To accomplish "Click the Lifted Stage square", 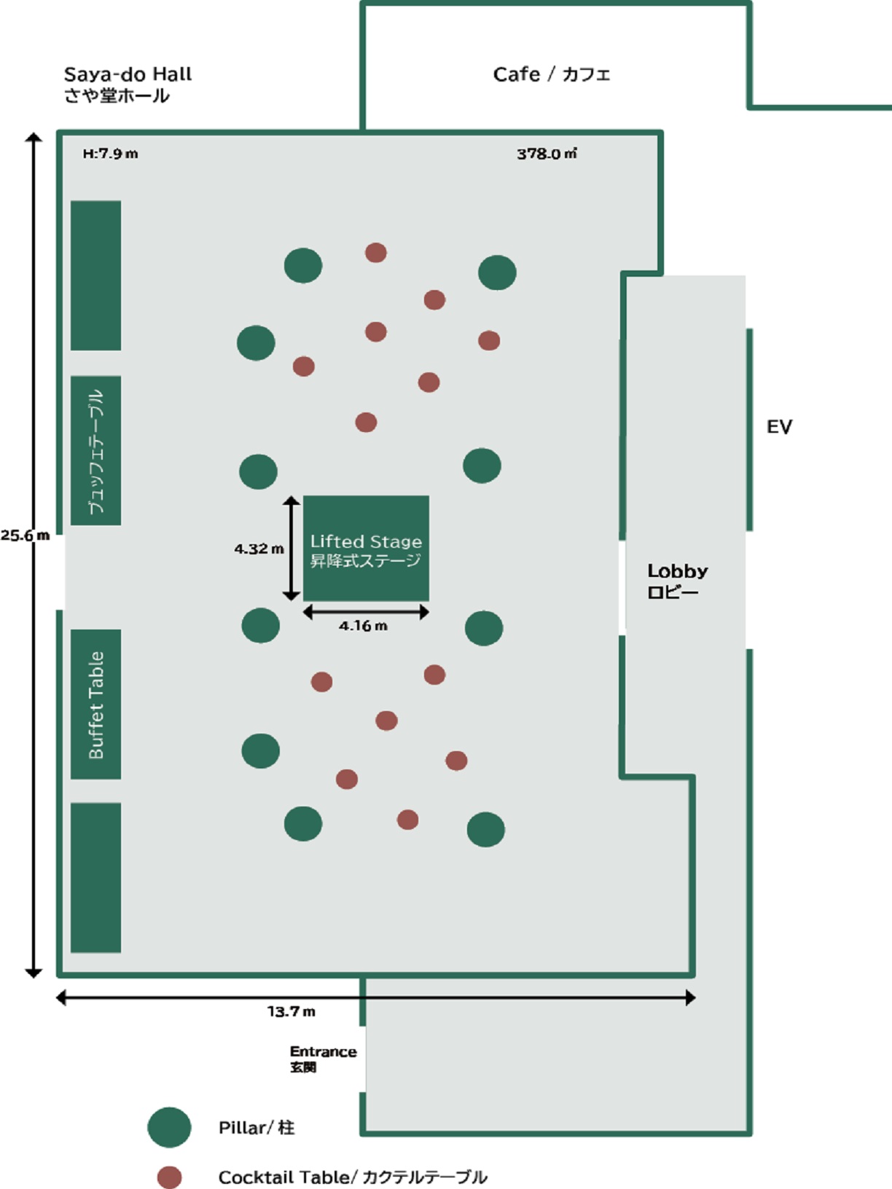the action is point(366,548).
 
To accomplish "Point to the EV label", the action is point(779,427).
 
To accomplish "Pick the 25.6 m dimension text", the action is point(25,535).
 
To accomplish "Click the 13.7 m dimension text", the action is point(292,1011).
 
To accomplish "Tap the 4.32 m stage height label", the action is point(259,549).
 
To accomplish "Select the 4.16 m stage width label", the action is point(363,626).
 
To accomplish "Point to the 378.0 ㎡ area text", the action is point(547,154).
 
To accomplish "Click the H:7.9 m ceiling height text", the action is point(111,154).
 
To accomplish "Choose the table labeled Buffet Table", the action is point(96,705).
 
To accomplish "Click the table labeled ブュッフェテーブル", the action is point(96,451).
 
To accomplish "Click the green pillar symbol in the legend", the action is point(170,1127).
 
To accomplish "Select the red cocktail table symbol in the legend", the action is point(170,1177).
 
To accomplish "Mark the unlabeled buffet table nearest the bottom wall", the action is point(96,877).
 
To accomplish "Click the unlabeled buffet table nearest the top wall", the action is point(96,275).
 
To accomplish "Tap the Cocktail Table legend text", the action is point(353,1177).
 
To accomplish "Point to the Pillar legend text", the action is point(257,1127).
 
